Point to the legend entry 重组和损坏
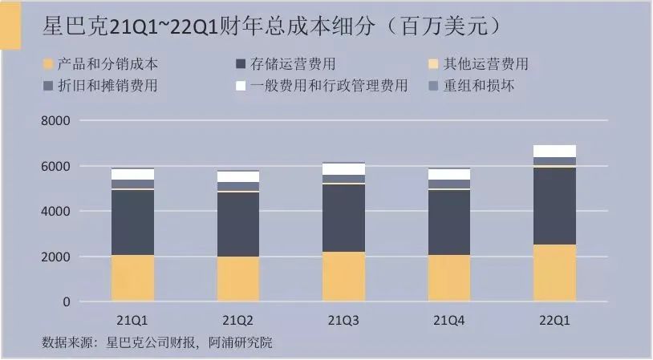point(481,85)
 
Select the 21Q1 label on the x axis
point(132,320)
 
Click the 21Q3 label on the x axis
point(343,320)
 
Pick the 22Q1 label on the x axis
point(554,320)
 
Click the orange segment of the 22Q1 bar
point(554,273)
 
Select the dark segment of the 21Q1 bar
point(132,222)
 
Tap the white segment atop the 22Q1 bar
point(554,151)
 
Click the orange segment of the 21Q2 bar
point(238,279)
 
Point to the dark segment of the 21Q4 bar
point(449,222)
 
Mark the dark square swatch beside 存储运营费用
point(241,64)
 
